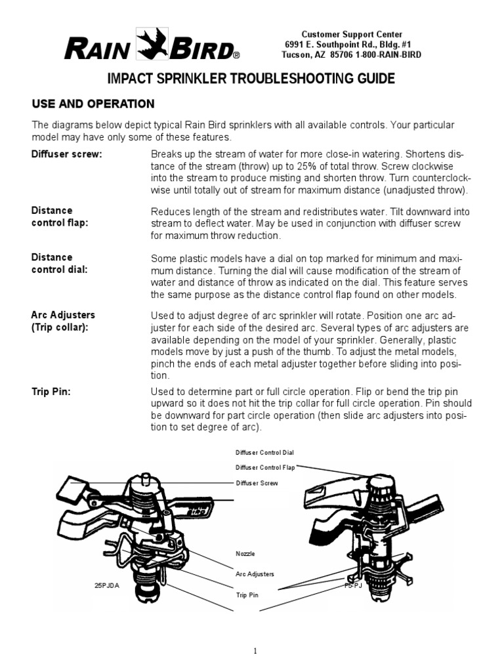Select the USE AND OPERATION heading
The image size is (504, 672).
(x=94, y=104)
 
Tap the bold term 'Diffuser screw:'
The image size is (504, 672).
(x=67, y=154)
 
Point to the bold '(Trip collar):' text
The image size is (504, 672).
(x=60, y=327)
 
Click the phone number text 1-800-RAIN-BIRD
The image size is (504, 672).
(x=388, y=55)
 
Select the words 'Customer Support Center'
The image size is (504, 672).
(x=352, y=34)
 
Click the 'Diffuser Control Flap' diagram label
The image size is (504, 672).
(x=265, y=468)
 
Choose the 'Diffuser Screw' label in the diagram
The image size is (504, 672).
(x=257, y=483)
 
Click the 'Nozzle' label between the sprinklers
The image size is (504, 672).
(x=245, y=554)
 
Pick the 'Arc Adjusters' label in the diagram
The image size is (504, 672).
(x=255, y=574)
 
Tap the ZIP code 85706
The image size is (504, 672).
(x=341, y=55)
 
